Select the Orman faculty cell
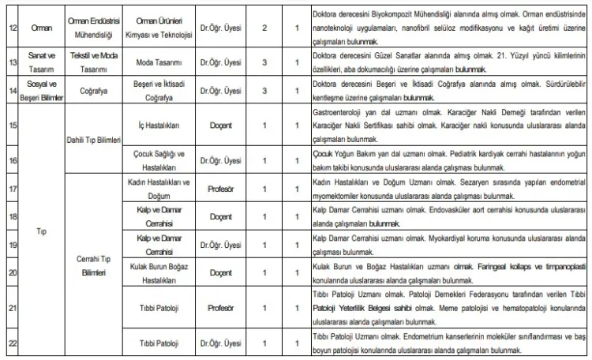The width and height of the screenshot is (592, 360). [x=41, y=28]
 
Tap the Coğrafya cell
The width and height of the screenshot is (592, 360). [x=90, y=90]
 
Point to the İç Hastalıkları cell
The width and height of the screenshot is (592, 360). [x=156, y=125]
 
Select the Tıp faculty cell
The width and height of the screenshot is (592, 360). [x=41, y=233]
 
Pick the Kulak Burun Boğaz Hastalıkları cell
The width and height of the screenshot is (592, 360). [x=156, y=273]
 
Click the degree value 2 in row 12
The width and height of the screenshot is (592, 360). [x=264, y=28]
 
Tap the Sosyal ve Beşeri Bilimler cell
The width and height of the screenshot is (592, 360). [x=41, y=90]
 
